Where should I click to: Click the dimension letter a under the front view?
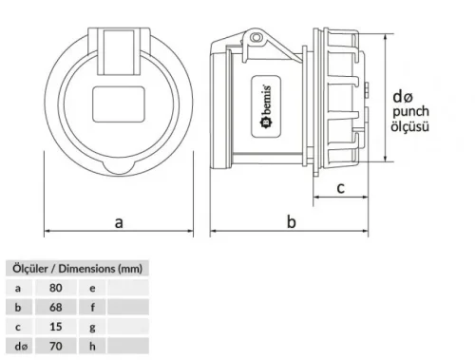click(x=119, y=221)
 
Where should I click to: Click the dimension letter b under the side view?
click(x=292, y=221)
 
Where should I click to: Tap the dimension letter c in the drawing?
click(x=339, y=187)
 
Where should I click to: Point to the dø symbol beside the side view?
click(x=404, y=96)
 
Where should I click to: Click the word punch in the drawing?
click(x=410, y=112)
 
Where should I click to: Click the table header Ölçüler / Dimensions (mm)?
click(x=76, y=268)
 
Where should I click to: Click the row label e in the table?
click(x=92, y=287)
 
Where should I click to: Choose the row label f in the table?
click(x=92, y=307)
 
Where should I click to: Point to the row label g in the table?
click(x=92, y=327)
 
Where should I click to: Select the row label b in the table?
click(x=18, y=307)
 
